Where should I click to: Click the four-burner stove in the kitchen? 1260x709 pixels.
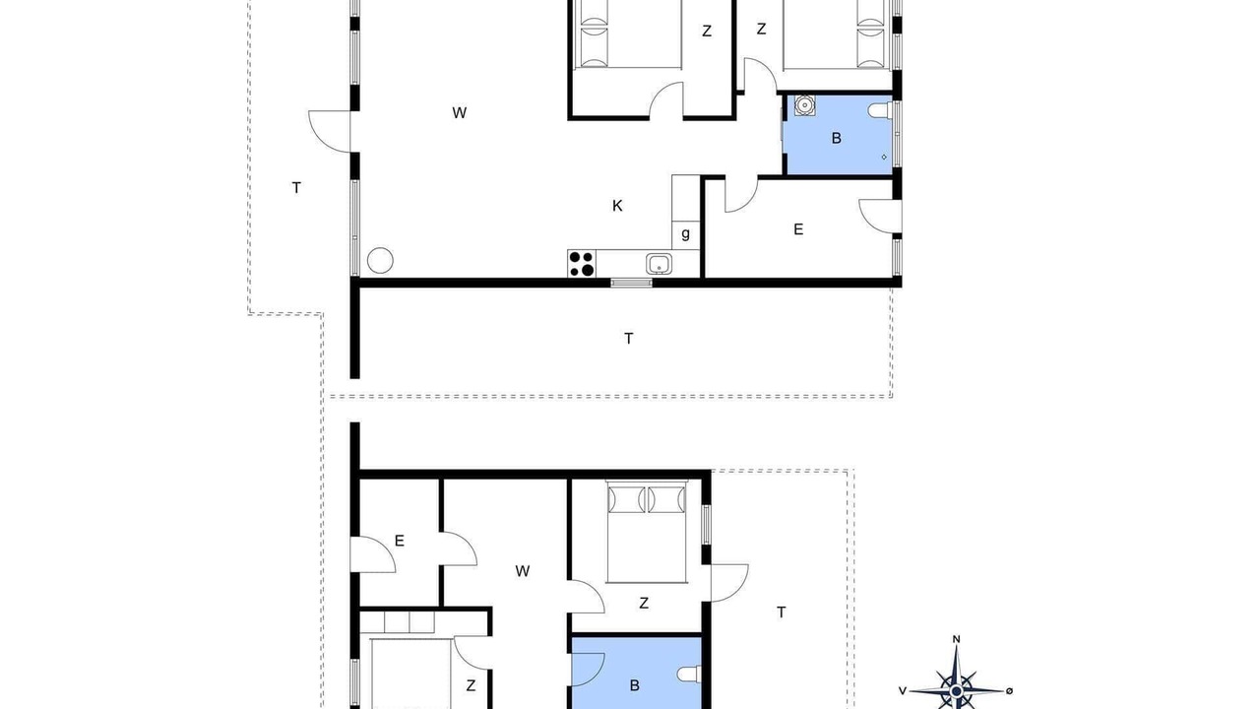pos(582,263)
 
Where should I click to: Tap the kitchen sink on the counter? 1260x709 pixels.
pos(659,263)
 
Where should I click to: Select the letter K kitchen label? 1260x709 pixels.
pos(617,206)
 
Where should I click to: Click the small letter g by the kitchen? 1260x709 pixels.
pos(685,233)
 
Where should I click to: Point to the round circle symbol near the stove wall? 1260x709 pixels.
pos(380,261)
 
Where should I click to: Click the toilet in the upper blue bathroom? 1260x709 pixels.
pos(880,110)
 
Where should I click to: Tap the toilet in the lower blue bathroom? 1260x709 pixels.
pos(689,674)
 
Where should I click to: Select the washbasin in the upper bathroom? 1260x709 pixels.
pos(805,105)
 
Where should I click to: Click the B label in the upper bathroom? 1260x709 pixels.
pos(837,138)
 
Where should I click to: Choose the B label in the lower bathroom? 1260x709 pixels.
pos(635,685)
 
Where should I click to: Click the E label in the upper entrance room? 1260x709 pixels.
pos(798,229)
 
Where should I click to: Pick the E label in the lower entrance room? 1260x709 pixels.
pos(400,541)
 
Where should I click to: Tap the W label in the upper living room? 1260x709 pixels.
pos(459,112)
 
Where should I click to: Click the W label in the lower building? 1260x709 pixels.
pos(522,571)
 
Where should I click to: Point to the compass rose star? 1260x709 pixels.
pos(956,690)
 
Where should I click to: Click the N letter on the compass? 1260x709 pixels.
pos(956,639)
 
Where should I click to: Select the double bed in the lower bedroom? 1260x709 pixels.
pos(647,532)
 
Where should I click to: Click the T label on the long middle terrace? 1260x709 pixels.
pos(628,338)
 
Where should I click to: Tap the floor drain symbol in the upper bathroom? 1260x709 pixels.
pos(884,157)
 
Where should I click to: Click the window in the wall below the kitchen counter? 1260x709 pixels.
pos(632,283)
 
